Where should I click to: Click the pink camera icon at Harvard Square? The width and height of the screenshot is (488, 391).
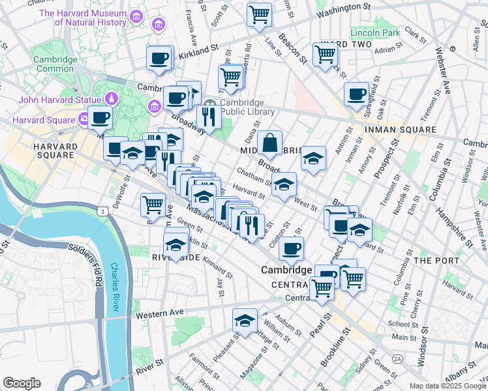pyautogui.click(x=84, y=119)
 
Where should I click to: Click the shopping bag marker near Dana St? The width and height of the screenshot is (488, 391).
pyautogui.click(x=269, y=142)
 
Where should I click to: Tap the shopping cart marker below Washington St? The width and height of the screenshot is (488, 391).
pyautogui.click(x=259, y=14)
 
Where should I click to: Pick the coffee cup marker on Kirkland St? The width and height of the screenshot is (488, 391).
pyautogui.click(x=159, y=59)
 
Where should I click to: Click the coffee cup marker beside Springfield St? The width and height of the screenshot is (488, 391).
pyautogui.click(x=356, y=94)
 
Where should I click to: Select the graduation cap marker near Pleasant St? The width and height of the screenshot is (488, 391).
pyautogui.click(x=245, y=321)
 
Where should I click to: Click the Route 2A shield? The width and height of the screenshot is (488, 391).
pyautogui.click(x=397, y=358)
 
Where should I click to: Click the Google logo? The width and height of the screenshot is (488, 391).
pyautogui.click(x=22, y=383)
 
